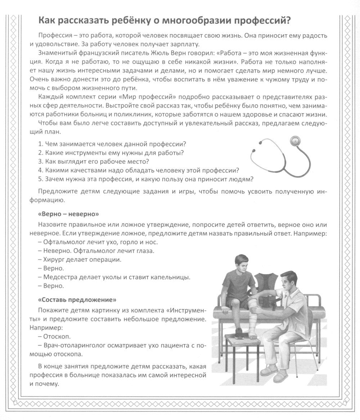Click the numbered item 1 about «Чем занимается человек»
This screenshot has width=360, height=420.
(x=112, y=144)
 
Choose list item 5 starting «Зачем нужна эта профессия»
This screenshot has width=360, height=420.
(x=146, y=179)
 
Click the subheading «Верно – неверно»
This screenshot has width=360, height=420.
(x=68, y=214)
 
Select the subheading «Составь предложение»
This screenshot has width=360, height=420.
(x=77, y=299)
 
